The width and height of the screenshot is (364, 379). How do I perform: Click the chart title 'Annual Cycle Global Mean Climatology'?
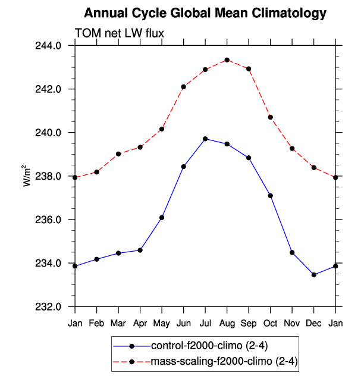[x=205, y=12]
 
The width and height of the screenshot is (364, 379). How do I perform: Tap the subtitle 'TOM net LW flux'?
[x=118, y=33]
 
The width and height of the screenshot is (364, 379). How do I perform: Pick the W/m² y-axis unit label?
[x=27, y=176]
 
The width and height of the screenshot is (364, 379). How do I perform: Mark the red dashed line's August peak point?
[x=227, y=60]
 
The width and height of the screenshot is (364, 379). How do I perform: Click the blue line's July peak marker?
[x=205, y=139]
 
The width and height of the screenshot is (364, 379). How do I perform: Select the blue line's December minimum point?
[x=313, y=275]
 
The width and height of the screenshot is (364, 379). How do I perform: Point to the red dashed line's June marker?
[x=184, y=87]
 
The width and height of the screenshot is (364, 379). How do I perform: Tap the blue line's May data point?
[x=162, y=217]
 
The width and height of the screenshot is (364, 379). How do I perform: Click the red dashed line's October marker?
[x=271, y=117]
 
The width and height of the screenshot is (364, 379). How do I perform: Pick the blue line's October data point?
[x=271, y=196]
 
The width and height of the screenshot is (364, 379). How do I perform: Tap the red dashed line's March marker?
[x=118, y=154]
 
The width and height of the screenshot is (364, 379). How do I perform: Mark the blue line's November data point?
[x=292, y=252]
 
